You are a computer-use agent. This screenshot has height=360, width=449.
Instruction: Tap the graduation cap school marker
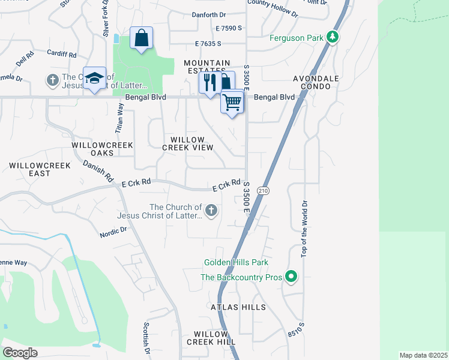(x=94, y=79)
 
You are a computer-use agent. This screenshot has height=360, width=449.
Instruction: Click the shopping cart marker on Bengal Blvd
(x=232, y=102)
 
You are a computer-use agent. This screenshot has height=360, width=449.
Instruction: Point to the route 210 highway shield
(x=264, y=190)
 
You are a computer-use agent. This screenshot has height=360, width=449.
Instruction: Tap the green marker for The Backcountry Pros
(x=291, y=277)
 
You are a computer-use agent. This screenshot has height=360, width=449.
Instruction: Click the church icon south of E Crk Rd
(x=211, y=210)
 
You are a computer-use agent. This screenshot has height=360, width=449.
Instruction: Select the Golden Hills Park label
(x=236, y=262)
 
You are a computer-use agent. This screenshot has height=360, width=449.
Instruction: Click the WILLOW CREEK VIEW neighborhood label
(x=188, y=143)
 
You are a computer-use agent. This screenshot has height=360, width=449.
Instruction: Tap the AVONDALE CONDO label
(x=316, y=82)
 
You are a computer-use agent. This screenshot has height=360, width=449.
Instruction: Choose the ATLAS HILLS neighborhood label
(x=238, y=307)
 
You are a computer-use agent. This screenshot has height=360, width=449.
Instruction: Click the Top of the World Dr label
(x=304, y=228)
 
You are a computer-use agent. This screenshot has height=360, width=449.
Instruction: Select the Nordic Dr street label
(x=113, y=229)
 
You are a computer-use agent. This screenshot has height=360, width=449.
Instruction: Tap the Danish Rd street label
(x=98, y=171)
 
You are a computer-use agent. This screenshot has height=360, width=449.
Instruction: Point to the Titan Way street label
(x=119, y=118)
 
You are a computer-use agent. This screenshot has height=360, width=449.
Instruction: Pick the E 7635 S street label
(x=208, y=43)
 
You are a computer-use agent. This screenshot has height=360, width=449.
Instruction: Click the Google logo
(x=20, y=353)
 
